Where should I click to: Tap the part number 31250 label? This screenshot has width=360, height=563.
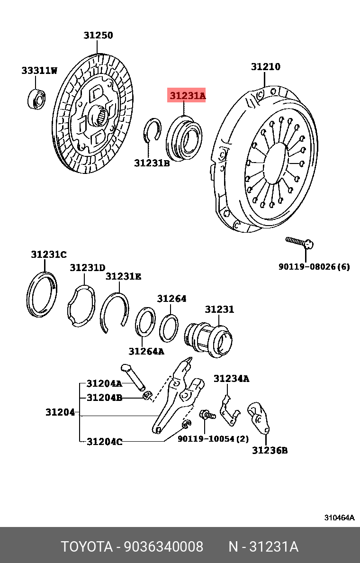[x=99, y=35]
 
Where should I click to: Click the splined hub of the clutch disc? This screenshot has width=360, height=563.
[x=99, y=115]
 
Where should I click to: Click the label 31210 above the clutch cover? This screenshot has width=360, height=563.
[x=265, y=67]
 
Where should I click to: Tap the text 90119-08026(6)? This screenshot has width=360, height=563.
[x=314, y=267]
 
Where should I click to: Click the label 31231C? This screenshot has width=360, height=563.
[x=49, y=254]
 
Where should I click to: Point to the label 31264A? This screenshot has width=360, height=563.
[x=146, y=351]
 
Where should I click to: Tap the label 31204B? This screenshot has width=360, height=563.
[x=104, y=397]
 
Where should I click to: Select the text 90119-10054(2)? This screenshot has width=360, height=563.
[x=213, y=439]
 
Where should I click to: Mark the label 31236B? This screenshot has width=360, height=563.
[x=270, y=450]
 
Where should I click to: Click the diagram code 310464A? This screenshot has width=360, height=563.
[x=339, y=518]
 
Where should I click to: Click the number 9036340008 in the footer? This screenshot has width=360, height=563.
[x=163, y=547]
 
